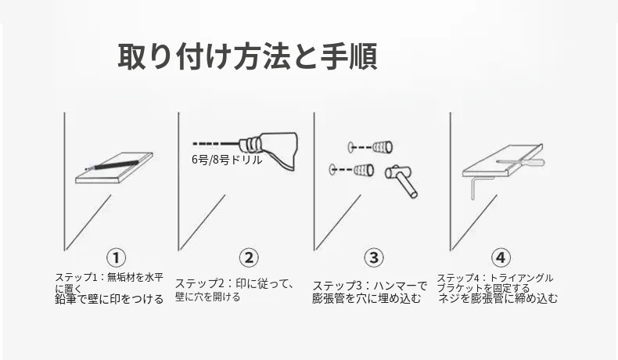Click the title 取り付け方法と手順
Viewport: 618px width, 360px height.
tap(247, 57)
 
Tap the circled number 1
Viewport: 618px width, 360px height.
tap(116, 258)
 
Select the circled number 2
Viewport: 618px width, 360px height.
tap(249, 258)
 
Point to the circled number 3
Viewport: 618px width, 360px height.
tap(374, 258)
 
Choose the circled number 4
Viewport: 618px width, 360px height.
tap(501, 258)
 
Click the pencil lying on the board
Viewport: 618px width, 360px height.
tap(113, 164)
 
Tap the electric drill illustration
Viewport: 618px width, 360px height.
tap(269, 149)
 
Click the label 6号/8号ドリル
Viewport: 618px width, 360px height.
tap(227, 160)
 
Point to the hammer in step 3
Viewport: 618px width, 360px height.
tap(401, 179)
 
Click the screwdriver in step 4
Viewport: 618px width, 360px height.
tap(520, 161)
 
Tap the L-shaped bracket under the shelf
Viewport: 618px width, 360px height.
tap(478, 186)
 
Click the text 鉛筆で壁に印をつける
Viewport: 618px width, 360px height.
tap(110, 299)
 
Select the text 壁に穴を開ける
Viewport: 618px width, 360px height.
tap(208, 297)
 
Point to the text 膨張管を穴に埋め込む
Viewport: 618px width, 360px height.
tap(367, 298)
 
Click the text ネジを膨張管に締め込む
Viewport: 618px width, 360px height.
tap(498, 298)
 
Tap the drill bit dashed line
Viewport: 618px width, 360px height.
tap(217, 143)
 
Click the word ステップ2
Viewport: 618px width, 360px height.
tap(199, 283)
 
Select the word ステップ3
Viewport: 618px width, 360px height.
tap(337, 286)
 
